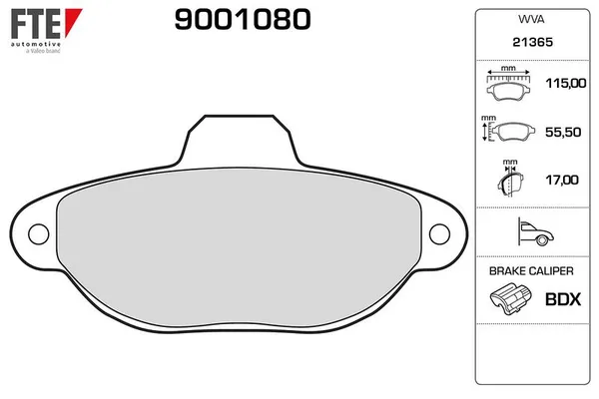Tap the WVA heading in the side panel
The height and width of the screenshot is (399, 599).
click(529, 19)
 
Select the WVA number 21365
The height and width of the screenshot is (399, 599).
click(529, 44)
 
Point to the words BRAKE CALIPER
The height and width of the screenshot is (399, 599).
click(529, 271)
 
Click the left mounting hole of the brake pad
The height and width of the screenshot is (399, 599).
click(38, 234)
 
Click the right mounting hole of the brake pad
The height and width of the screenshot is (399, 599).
click(441, 234)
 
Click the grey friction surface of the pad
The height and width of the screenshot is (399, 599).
click(240, 254)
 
